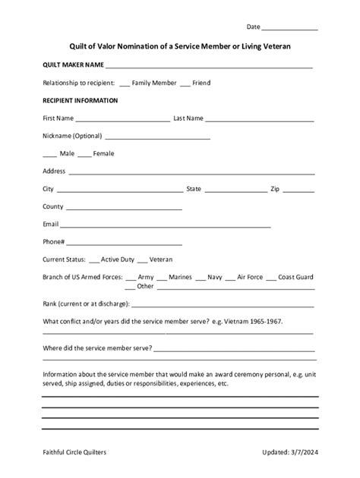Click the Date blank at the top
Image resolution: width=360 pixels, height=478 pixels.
point(291,28)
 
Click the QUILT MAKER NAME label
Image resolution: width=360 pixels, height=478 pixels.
point(73,64)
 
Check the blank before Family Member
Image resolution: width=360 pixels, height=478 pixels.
point(125,83)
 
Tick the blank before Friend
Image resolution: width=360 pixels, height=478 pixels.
point(185,83)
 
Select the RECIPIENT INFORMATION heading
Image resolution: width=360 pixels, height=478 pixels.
point(80,100)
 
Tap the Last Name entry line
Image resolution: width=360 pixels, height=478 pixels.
point(259,120)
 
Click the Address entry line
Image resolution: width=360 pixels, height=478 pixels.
point(191,172)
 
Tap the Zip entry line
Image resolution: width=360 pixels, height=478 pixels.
point(298,190)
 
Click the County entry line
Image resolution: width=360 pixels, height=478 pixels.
point(123,207)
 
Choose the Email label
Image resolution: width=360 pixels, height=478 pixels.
point(51,225)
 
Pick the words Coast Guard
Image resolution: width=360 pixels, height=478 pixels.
point(295,278)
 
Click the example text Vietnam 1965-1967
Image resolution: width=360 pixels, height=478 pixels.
point(252,321)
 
